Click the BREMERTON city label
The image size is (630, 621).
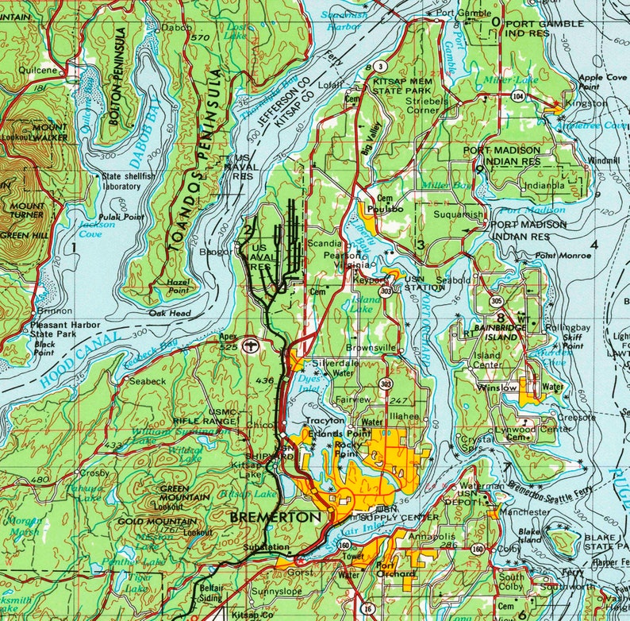275,517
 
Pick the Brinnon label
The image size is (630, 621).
54,310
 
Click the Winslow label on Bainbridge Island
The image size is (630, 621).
497,387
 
